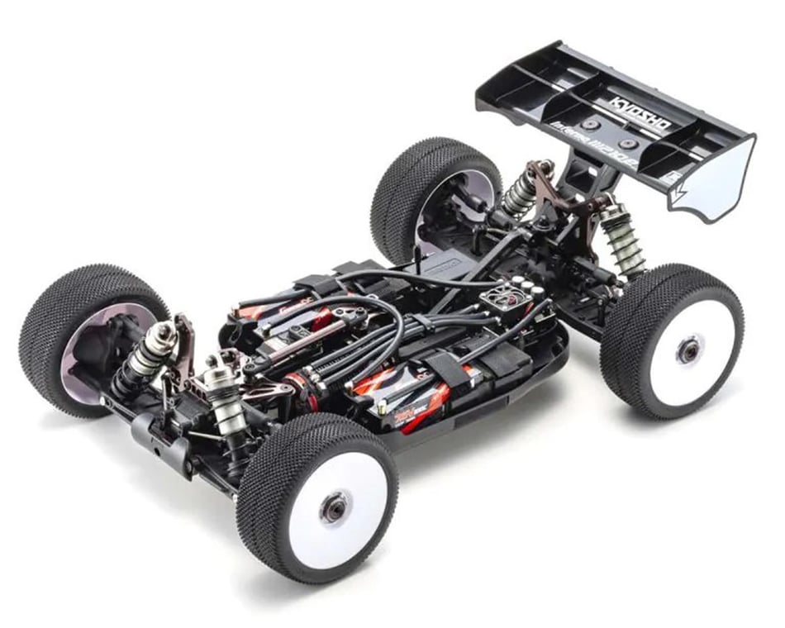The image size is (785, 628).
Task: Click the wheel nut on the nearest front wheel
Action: (334, 507)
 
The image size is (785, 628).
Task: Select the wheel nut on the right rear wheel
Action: (687, 350)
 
